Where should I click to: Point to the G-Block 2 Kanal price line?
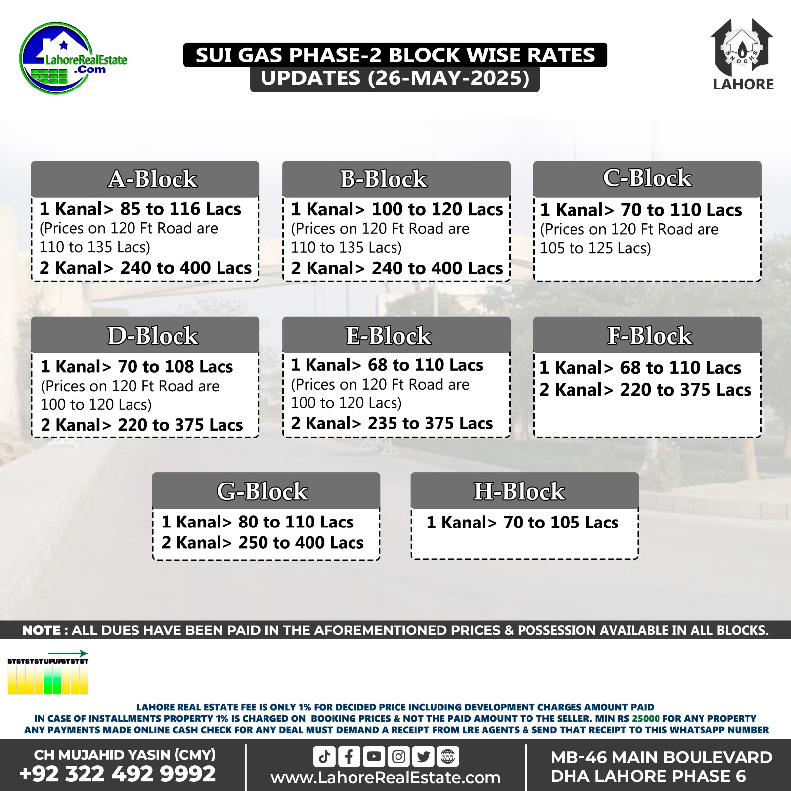(263, 543)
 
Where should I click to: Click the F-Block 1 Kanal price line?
(640, 368)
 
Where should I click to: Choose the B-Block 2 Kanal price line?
(396, 268)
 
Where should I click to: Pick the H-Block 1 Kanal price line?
(523, 523)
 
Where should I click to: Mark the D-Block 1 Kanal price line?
(137, 367)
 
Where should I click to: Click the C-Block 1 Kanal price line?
(641, 210)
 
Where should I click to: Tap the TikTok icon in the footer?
(324, 757)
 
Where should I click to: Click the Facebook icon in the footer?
(349, 757)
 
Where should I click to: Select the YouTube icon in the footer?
(374, 757)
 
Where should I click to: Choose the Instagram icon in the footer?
(398, 757)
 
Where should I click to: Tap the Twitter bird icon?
(423, 757)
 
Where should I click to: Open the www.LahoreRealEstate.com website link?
(386, 778)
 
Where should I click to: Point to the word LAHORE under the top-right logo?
(743, 85)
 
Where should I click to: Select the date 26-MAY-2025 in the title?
(448, 78)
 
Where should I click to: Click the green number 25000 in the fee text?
(646, 718)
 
